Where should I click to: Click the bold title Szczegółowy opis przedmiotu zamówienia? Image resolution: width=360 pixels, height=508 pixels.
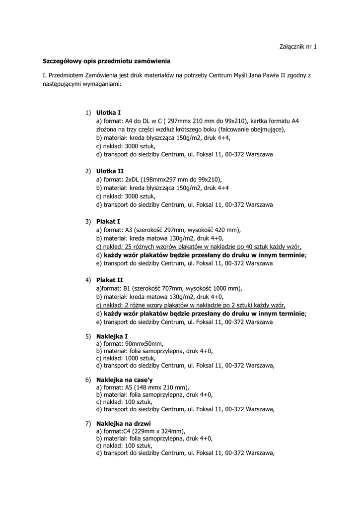coord(106,61)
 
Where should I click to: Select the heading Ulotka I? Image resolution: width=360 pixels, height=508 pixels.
coord(108,113)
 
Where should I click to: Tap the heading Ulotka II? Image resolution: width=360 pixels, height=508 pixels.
coord(110,171)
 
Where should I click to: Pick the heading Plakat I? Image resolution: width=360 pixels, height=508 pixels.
coord(108,221)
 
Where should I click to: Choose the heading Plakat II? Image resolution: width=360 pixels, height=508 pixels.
coord(110,280)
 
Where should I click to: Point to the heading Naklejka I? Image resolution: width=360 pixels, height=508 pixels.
coord(112,336)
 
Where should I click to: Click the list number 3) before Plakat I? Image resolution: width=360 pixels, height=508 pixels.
coord(88,221)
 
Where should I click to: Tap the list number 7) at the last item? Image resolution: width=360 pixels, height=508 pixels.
coord(88,423)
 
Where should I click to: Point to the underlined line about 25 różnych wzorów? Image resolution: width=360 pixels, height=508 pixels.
coord(199,247)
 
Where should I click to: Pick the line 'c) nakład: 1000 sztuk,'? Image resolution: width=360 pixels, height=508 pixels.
coord(126,358)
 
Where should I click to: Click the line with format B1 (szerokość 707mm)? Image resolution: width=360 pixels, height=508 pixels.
coord(169,288)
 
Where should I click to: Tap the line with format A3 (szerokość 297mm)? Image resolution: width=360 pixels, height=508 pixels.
coord(168,230)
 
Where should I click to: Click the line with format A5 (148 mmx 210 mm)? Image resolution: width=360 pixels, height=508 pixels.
coord(143,387)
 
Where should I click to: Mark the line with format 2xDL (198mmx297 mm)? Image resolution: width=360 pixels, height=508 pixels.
coord(159,180)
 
